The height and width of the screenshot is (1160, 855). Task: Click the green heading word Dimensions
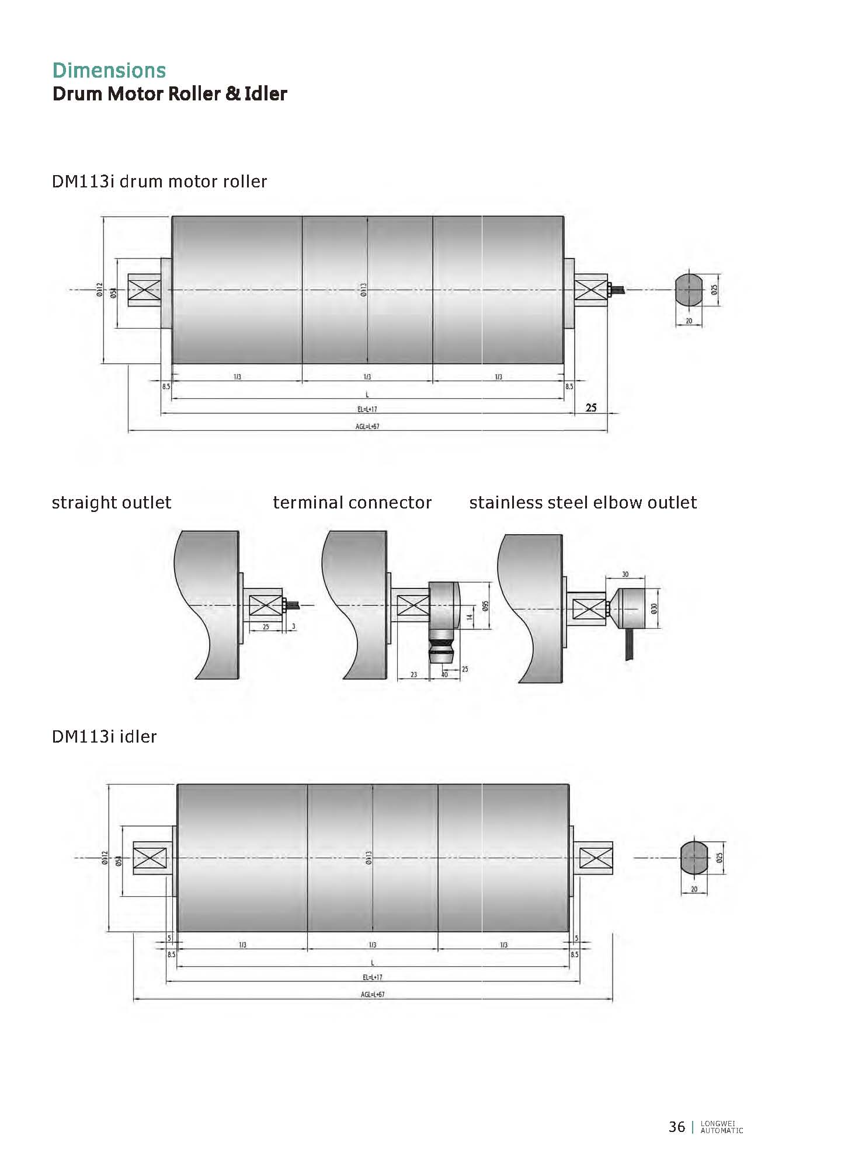tap(109, 71)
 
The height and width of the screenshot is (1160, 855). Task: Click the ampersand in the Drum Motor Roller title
tap(232, 94)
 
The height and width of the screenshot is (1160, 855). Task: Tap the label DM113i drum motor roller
tap(159, 182)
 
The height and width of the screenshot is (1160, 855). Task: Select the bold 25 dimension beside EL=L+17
tap(591, 407)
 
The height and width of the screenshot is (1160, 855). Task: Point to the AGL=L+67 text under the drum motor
tap(367, 427)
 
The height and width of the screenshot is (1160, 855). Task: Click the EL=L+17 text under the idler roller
tap(373, 977)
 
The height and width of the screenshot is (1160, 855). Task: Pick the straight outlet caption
tap(112, 503)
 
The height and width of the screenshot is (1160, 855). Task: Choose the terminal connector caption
tap(352, 503)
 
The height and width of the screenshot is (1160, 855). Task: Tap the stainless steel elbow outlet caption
tap(583, 503)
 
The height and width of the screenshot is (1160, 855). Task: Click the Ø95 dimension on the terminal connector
tap(485, 606)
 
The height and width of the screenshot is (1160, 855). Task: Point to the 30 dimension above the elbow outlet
tap(625, 574)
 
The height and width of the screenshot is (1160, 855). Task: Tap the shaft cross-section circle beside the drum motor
tap(689, 290)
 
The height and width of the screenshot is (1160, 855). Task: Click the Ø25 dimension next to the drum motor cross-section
tap(714, 290)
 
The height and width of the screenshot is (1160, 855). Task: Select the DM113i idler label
tap(104, 737)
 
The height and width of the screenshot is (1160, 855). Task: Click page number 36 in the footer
tap(676, 1127)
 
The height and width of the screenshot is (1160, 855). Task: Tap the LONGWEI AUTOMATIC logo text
tap(721, 1127)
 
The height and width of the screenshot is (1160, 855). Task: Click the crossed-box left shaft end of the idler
tap(151, 858)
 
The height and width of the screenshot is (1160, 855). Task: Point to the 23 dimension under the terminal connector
tap(413, 675)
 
